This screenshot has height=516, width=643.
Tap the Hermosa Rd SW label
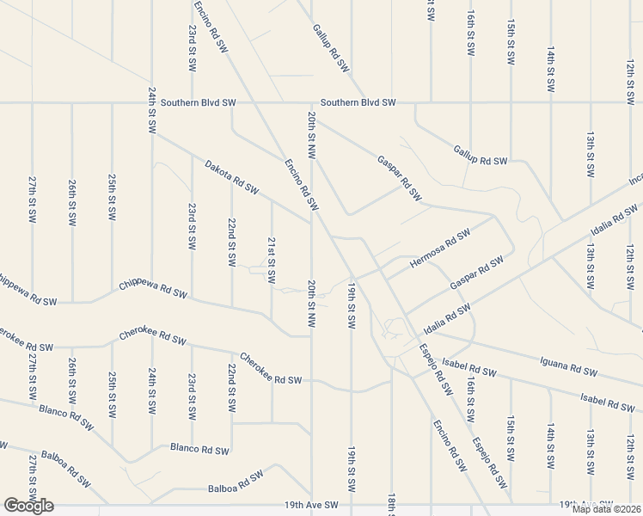click(x=440, y=248)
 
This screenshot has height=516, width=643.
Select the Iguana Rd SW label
click(x=567, y=367)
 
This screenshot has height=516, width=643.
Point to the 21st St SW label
click(x=272, y=261)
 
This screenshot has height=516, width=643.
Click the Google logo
click(x=28, y=506)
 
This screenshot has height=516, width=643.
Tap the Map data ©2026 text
click(x=606, y=509)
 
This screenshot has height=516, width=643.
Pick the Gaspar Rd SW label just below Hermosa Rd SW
click(x=476, y=273)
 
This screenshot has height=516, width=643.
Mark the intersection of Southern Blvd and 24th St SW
click(x=152, y=103)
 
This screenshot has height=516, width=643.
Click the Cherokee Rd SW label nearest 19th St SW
click(x=271, y=369)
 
